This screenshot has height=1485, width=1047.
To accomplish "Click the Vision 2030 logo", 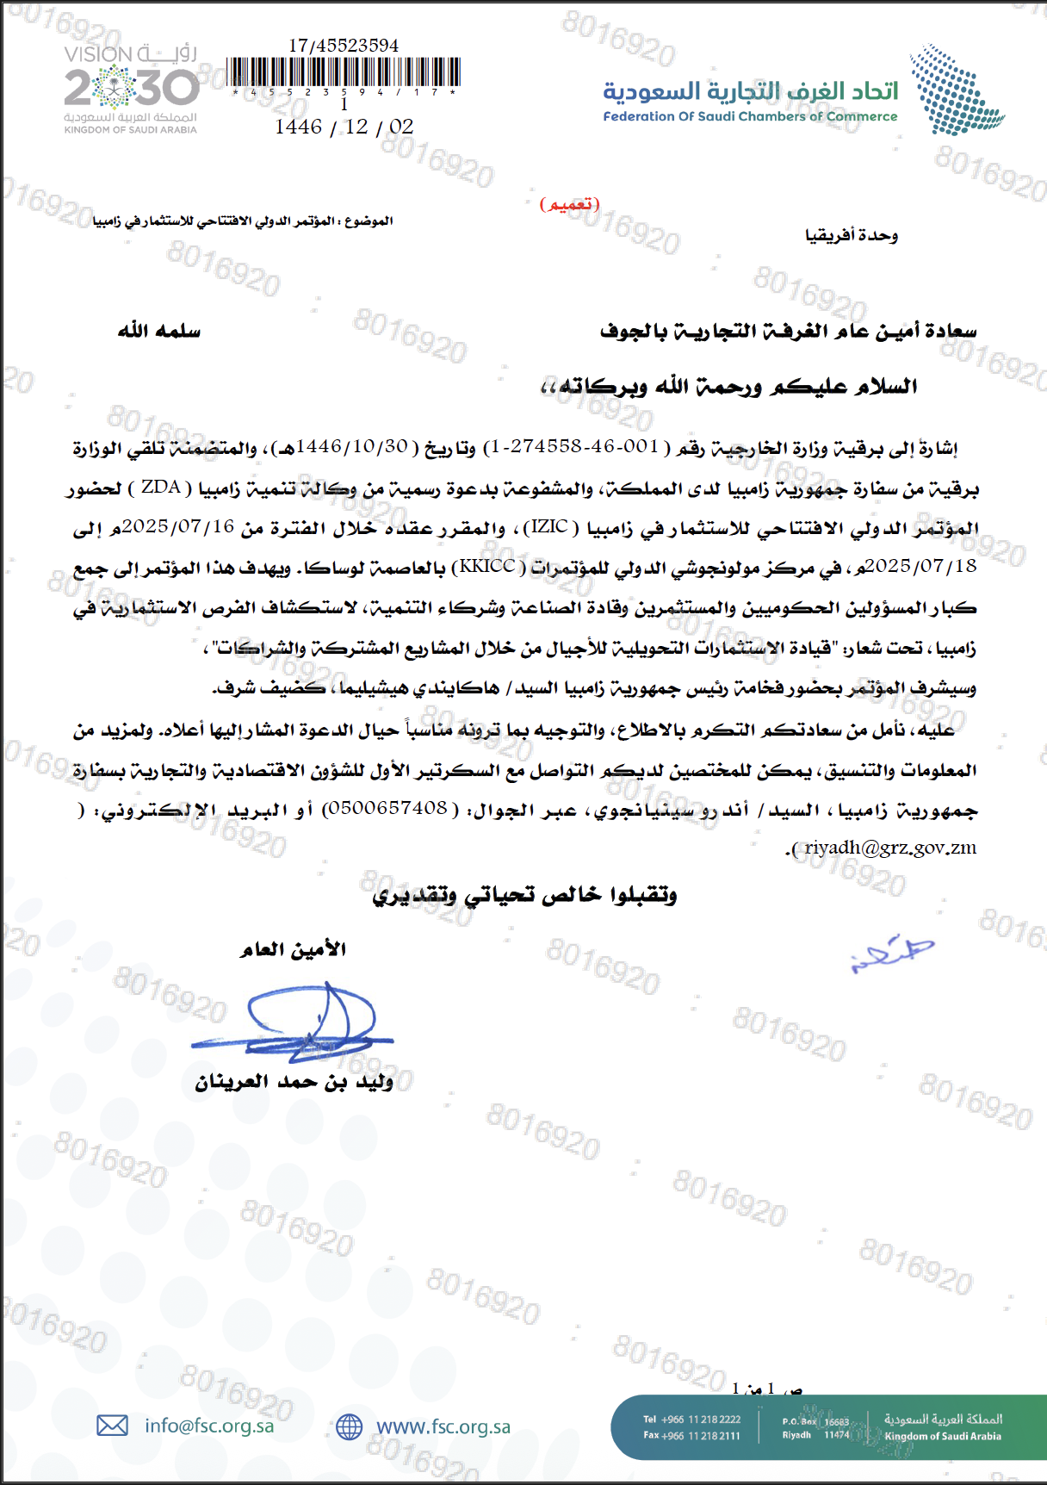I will pos(131,89).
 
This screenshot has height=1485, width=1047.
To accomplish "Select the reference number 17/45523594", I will pos(344,46).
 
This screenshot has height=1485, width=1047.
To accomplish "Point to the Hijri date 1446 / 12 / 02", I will pos(344,127).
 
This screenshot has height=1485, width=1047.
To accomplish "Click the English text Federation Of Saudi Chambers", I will pos(749,116).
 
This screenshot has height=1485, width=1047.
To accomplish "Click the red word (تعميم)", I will pos(569,204).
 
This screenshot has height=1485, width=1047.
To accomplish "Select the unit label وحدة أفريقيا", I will pos(852,235).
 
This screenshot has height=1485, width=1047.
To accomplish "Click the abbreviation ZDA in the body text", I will pos(161,488).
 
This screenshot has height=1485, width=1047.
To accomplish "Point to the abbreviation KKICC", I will pos(487,566).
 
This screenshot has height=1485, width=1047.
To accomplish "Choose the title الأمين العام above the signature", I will pos(293,949).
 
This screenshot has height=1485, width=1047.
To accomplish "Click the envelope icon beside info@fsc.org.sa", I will pos(112,1426).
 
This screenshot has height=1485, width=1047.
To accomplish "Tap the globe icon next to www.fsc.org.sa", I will pos(349,1426).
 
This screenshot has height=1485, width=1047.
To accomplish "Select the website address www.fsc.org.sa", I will pos(443,1426).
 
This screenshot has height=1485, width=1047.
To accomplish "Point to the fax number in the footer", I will pos(692,1436).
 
